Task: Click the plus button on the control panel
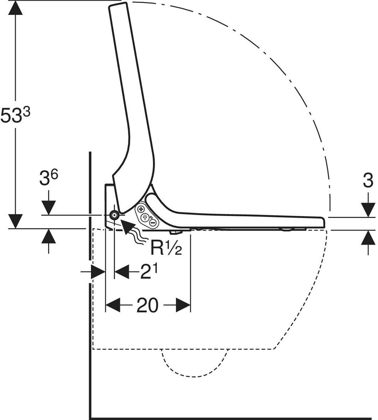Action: [x=141, y=209]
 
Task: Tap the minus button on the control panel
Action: [x=153, y=223]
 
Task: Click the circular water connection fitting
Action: [x=114, y=215]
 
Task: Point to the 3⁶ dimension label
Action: [x=49, y=178]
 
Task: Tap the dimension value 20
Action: [x=147, y=305]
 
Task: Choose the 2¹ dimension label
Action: [x=149, y=272]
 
